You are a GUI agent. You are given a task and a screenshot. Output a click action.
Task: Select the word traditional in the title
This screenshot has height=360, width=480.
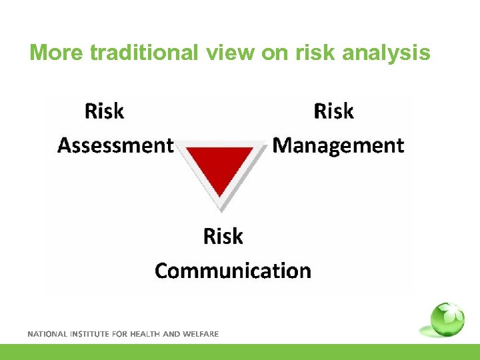point(143,52)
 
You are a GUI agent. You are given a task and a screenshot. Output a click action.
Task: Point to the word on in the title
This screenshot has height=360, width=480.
point(273,52)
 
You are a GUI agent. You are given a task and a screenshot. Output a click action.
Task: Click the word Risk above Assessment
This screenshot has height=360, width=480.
point(104,111)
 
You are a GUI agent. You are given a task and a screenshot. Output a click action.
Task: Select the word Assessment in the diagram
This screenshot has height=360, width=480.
point(115,145)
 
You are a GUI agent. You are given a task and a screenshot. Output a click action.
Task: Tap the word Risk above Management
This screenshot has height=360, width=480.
point(333,111)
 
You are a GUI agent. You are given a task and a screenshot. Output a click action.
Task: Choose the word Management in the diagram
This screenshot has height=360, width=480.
point(339,145)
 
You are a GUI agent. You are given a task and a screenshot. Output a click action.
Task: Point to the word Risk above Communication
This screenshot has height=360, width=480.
point(223,236)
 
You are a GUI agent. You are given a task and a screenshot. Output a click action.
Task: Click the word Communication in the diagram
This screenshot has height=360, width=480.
point(233,271)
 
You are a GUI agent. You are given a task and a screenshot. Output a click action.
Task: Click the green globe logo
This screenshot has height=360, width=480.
point(447,319)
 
